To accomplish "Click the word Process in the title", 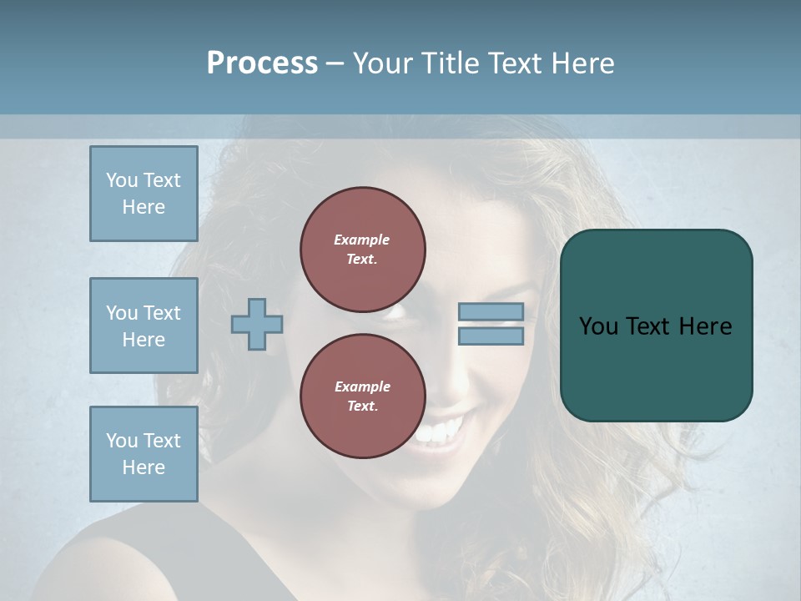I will [x=262, y=63].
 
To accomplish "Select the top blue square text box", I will [x=144, y=194].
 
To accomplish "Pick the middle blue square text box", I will [x=144, y=326].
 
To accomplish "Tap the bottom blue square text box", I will [x=144, y=454].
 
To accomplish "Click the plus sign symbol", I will [x=257, y=324].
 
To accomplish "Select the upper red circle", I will [x=363, y=250].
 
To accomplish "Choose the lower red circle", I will [x=363, y=396].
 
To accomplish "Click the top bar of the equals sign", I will [x=491, y=311].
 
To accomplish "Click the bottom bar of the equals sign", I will [x=491, y=336].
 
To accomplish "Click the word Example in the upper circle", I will [x=362, y=240].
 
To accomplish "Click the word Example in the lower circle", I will [x=362, y=386].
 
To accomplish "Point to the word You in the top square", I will [x=122, y=180].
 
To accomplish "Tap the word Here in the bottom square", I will [x=144, y=467].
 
